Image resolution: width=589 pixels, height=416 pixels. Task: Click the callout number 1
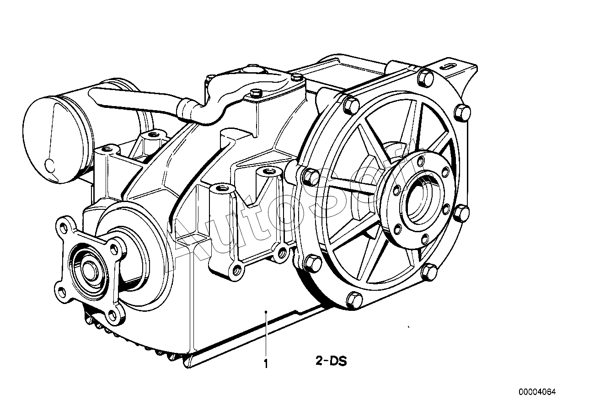[266, 364]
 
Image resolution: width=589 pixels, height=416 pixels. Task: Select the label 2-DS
[331, 361]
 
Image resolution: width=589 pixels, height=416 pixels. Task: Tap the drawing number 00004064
[537, 392]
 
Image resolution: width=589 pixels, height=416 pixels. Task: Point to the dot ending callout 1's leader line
[266, 312]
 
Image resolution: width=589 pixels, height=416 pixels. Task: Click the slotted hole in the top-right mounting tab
[449, 66]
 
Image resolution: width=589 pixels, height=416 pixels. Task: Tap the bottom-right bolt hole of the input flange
[112, 315]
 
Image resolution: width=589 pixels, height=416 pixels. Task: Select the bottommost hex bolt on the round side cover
[354, 300]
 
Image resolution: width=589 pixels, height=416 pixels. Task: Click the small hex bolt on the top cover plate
[255, 94]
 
